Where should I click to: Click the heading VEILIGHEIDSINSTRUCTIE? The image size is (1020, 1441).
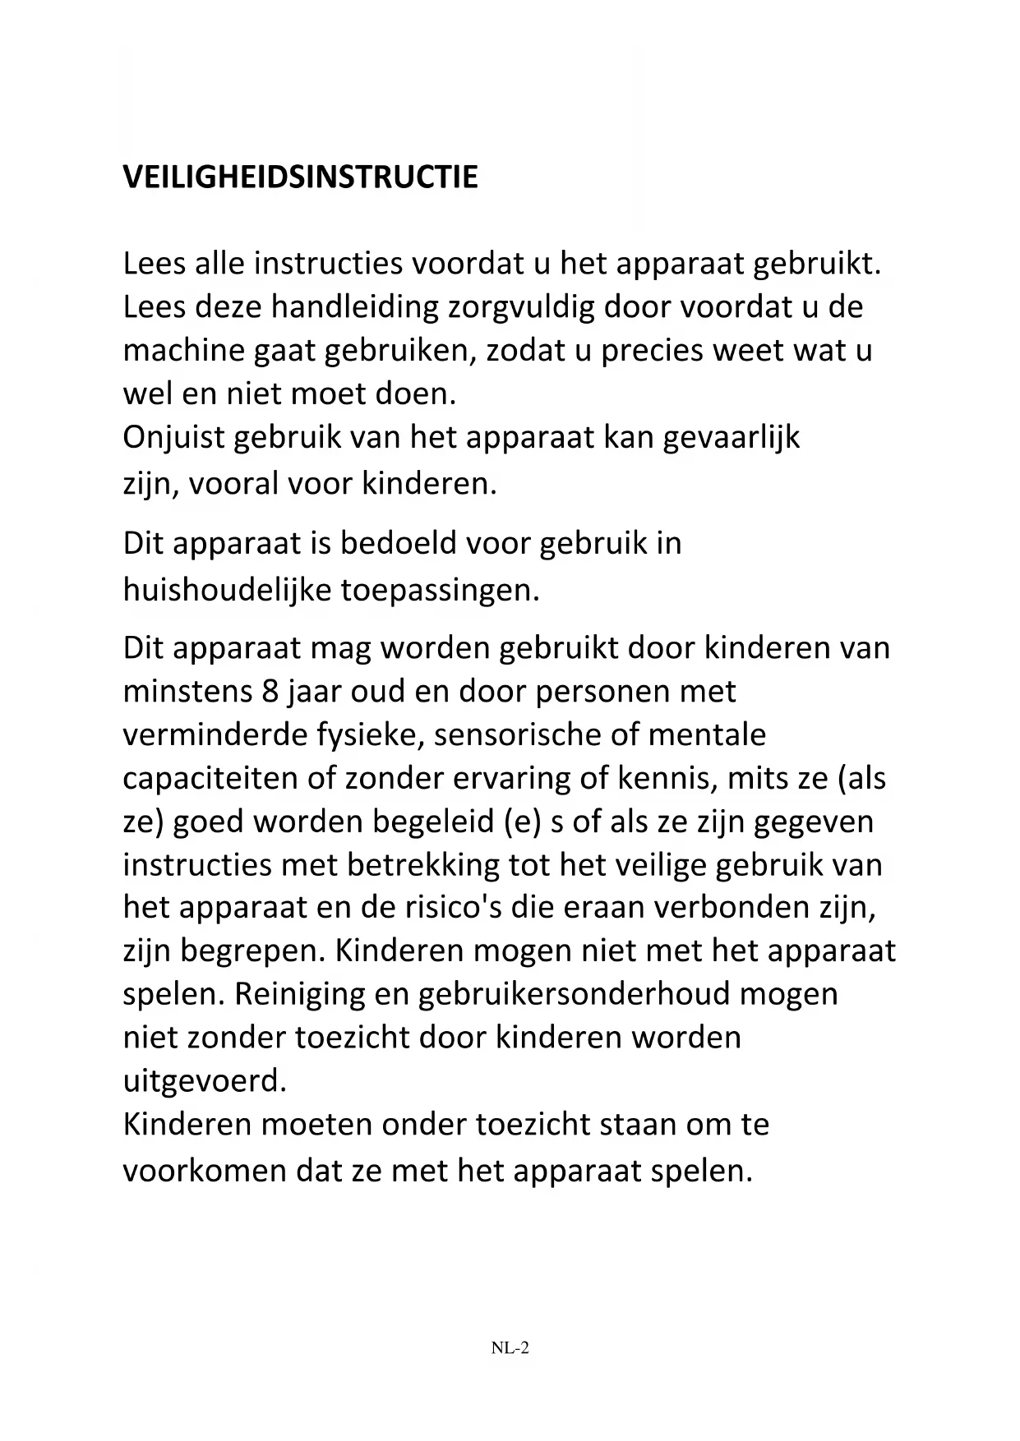[x=300, y=177]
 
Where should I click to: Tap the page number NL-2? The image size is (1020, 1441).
[x=510, y=1347]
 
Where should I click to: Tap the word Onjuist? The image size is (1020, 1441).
[x=173, y=438]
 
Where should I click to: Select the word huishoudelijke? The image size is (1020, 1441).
[x=226, y=590]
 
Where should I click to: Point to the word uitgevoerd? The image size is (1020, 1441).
[x=205, y=1081]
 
